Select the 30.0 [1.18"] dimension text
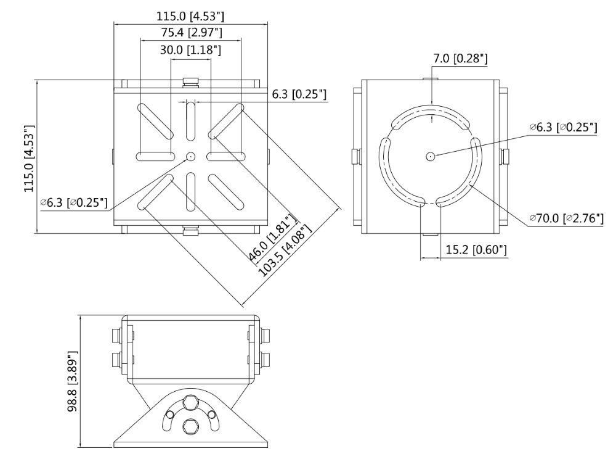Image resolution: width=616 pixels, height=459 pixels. (191, 50)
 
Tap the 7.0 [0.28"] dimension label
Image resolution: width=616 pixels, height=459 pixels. (460, 59)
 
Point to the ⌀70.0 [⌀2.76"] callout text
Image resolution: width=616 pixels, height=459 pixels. (566, 218)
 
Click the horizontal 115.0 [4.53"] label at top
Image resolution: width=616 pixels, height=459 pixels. (191, 16)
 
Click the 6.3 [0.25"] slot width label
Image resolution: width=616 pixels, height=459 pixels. (299, 94)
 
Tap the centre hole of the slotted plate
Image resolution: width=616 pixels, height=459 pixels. (190, 157)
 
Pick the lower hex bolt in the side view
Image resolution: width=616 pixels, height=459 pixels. (190, 426)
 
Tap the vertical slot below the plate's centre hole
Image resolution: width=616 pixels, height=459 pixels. (190, 191)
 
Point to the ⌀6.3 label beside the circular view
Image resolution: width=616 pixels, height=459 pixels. (563, 127)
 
